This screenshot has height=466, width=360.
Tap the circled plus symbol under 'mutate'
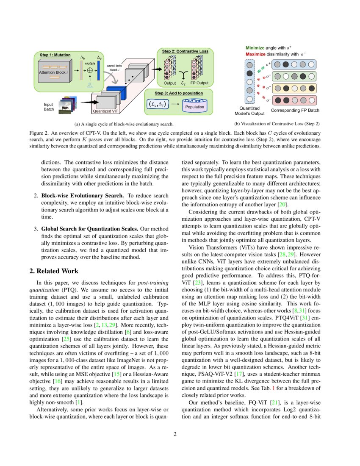[90, 71]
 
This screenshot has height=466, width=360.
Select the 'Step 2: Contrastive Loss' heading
[185, 51]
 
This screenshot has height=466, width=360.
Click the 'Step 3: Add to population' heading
[178, 93]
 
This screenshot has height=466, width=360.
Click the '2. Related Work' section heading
[53, 271]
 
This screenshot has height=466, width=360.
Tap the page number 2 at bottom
[180, 434]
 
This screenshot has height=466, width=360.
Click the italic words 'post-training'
[150, 282]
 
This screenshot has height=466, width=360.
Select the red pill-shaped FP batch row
[294, 101]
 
